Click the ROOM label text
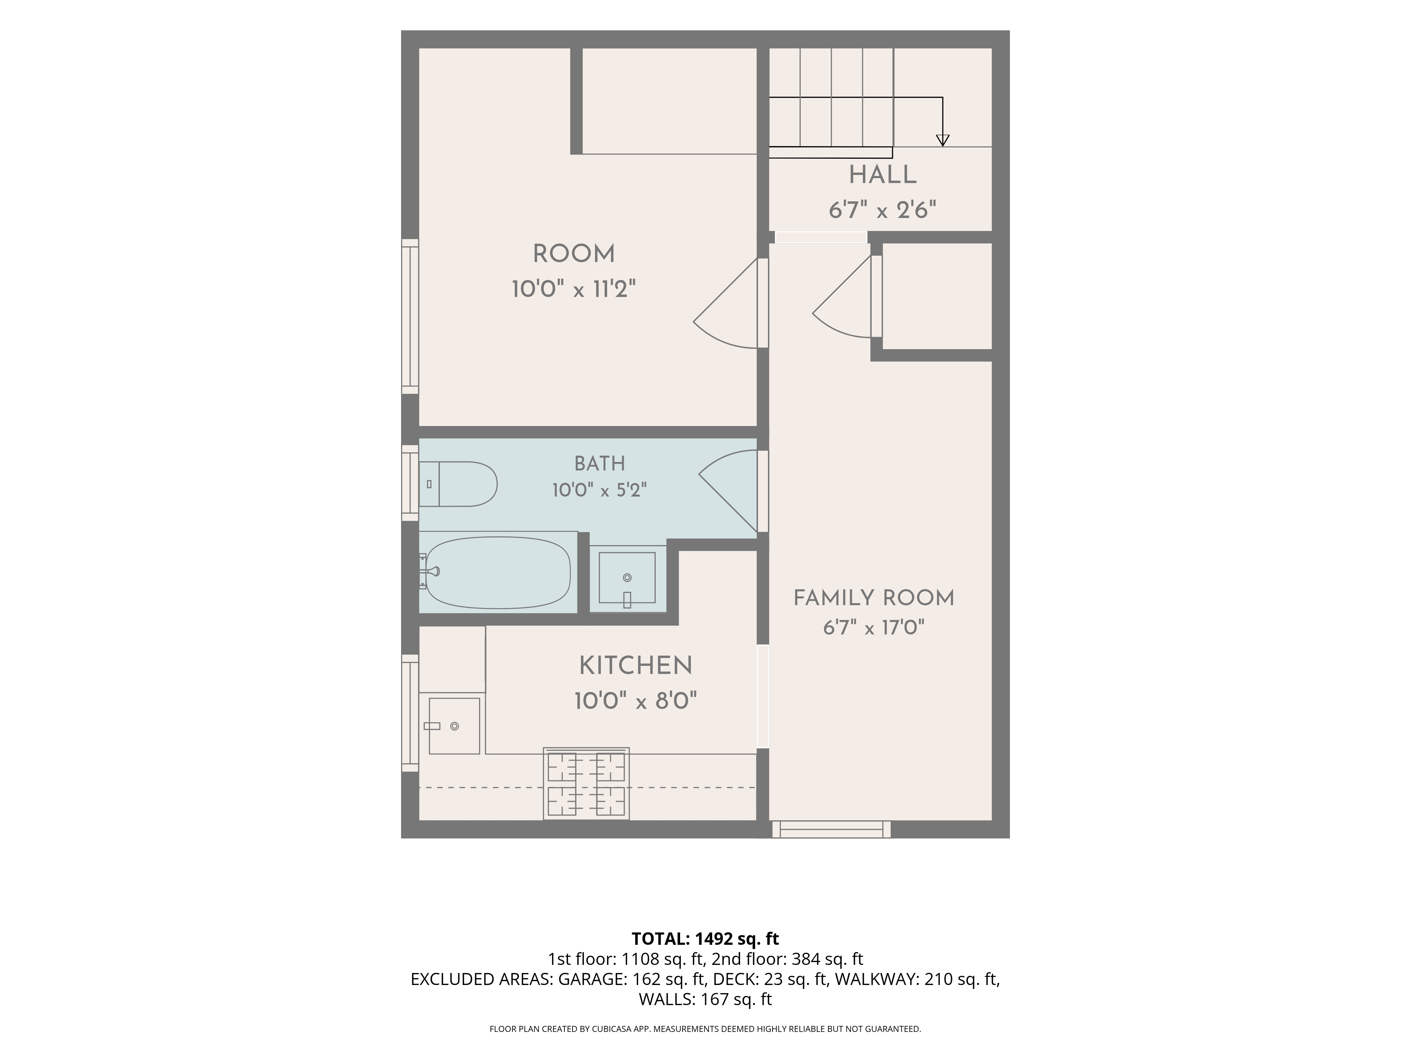click(x=574, y=254)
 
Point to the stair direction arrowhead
click(x=942, y=140)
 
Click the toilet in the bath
click(x=458, y=484)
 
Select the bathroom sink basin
click(x=628, y=578)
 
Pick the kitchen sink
click(x=454, y=726)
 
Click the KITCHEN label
click(x=635, y=666)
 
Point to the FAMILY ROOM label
click(x=873, y=598)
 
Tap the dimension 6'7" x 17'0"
click(x=873, y=628)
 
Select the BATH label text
click(x=600, y=464)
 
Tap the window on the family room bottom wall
click(x=831, y=829)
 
